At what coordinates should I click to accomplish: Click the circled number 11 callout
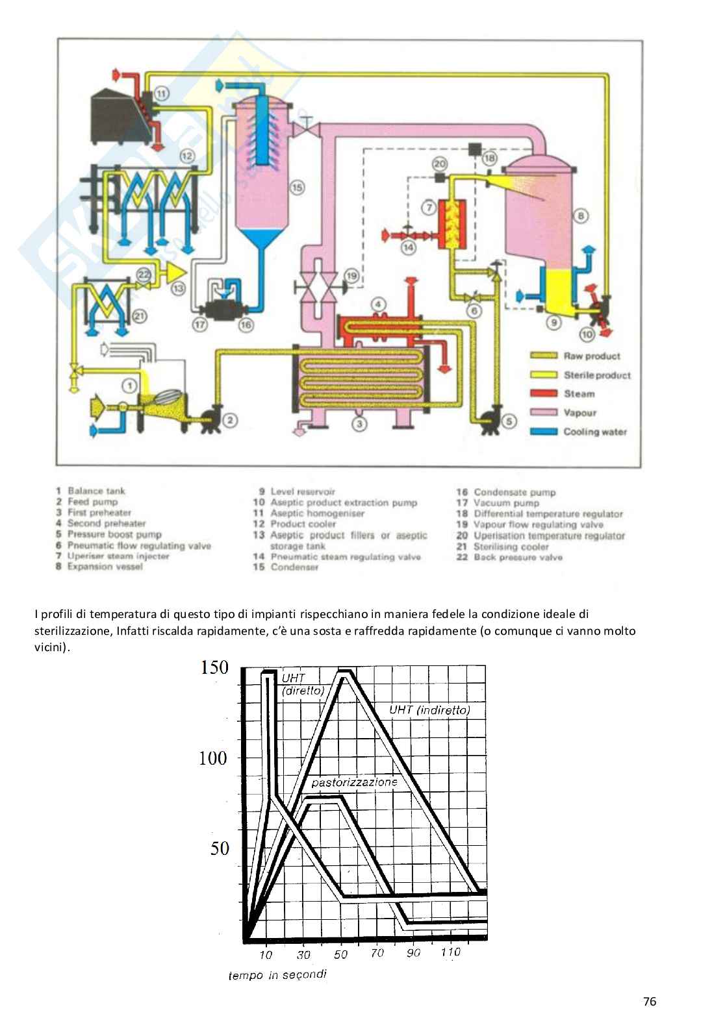[161, 93]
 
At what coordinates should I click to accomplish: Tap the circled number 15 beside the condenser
[298, 187]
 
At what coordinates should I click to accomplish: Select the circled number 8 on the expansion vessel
[581, 216]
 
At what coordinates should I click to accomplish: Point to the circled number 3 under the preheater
[359, 424]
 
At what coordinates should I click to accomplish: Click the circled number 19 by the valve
[351, 276]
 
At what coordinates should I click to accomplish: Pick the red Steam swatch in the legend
[544, 393]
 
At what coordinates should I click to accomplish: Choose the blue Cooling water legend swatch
[544, 432]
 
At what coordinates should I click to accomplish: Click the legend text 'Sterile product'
[597, 375]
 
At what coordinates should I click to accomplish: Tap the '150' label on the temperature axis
[214, 667]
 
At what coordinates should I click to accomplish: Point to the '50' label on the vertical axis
[219, 848]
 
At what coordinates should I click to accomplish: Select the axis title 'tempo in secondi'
[277, 974]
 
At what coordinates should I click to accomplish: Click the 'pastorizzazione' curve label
[355, 782]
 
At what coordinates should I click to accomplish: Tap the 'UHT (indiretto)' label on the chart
[429, 710]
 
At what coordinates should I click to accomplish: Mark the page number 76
[650, 1001]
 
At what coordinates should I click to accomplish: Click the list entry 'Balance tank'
[96, 491]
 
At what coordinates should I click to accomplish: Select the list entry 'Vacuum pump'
[506, 503]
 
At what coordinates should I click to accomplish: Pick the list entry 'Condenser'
[294, 567]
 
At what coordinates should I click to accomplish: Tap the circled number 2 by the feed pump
[230, 420]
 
